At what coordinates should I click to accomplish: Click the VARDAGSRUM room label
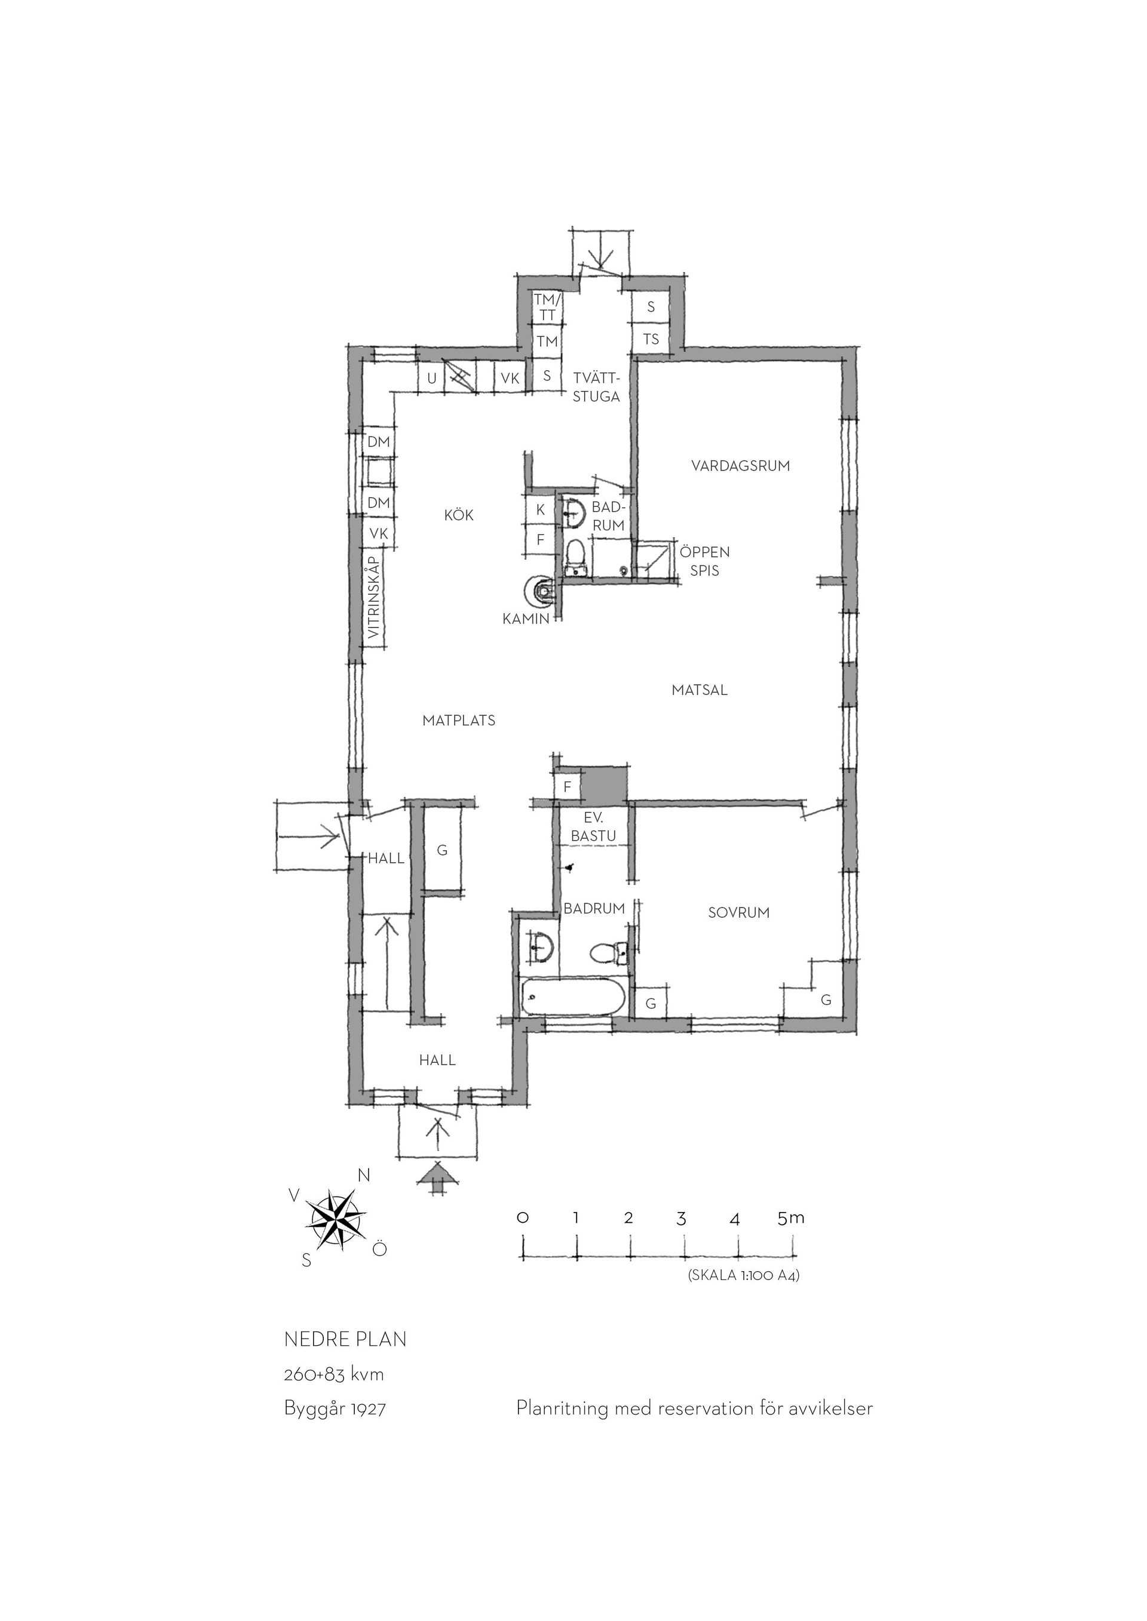coord(740,466)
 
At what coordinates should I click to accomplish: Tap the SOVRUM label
coord(739,912)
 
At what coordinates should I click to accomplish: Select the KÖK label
coord(459,515)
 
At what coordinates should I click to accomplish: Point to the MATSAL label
coord(699,690)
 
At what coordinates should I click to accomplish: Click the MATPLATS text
coord(459,720)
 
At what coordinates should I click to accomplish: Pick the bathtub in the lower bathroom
coord(573,997)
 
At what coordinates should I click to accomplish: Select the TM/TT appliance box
coord(547,306)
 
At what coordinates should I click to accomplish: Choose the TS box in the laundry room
coord(651,339)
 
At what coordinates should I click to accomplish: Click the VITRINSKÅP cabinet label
coord(375,597)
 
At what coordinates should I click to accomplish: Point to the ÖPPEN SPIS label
coord(705,561)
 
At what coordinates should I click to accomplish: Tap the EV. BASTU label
coord(593,827)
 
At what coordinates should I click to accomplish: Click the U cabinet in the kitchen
coord(431,378)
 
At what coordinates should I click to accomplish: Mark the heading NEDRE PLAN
coord(345,1339)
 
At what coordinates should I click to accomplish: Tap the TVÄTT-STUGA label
coord(596,387)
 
